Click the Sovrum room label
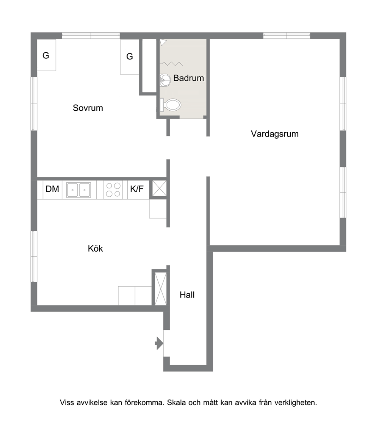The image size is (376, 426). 88,108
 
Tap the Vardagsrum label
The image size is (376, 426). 275,134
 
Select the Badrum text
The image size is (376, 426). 188,78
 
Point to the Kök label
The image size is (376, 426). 96,248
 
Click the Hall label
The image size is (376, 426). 187,295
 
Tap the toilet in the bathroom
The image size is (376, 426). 170,105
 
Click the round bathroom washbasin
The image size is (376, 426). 165,80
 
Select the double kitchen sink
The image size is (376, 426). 78,190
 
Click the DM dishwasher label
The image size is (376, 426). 52,189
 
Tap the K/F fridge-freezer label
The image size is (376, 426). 137,189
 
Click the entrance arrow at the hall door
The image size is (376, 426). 159,344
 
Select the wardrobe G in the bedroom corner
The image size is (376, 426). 46,55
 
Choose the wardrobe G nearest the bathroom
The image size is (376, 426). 130,56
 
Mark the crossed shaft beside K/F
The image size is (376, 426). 159,188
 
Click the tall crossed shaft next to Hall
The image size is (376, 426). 160,288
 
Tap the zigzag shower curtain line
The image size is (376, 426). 171,64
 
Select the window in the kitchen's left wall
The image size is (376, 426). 34,256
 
